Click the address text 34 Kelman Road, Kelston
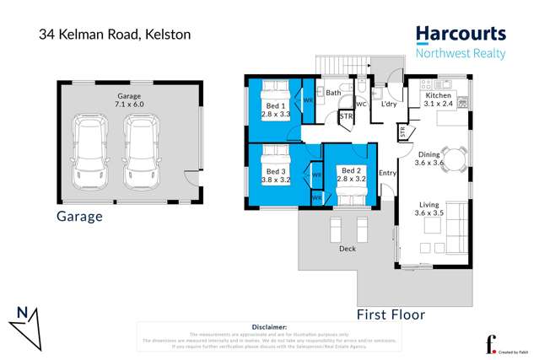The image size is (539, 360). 115,35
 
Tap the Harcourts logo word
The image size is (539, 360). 461,35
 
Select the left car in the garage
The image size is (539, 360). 89,153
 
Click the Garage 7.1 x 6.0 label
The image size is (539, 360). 129,101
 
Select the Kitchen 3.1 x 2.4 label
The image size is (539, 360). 438,100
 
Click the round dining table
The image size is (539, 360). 455,157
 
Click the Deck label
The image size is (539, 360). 347,249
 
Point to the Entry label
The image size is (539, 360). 387,174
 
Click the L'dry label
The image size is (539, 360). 389,105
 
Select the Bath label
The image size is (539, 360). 333,93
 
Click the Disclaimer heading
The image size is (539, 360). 269,326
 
